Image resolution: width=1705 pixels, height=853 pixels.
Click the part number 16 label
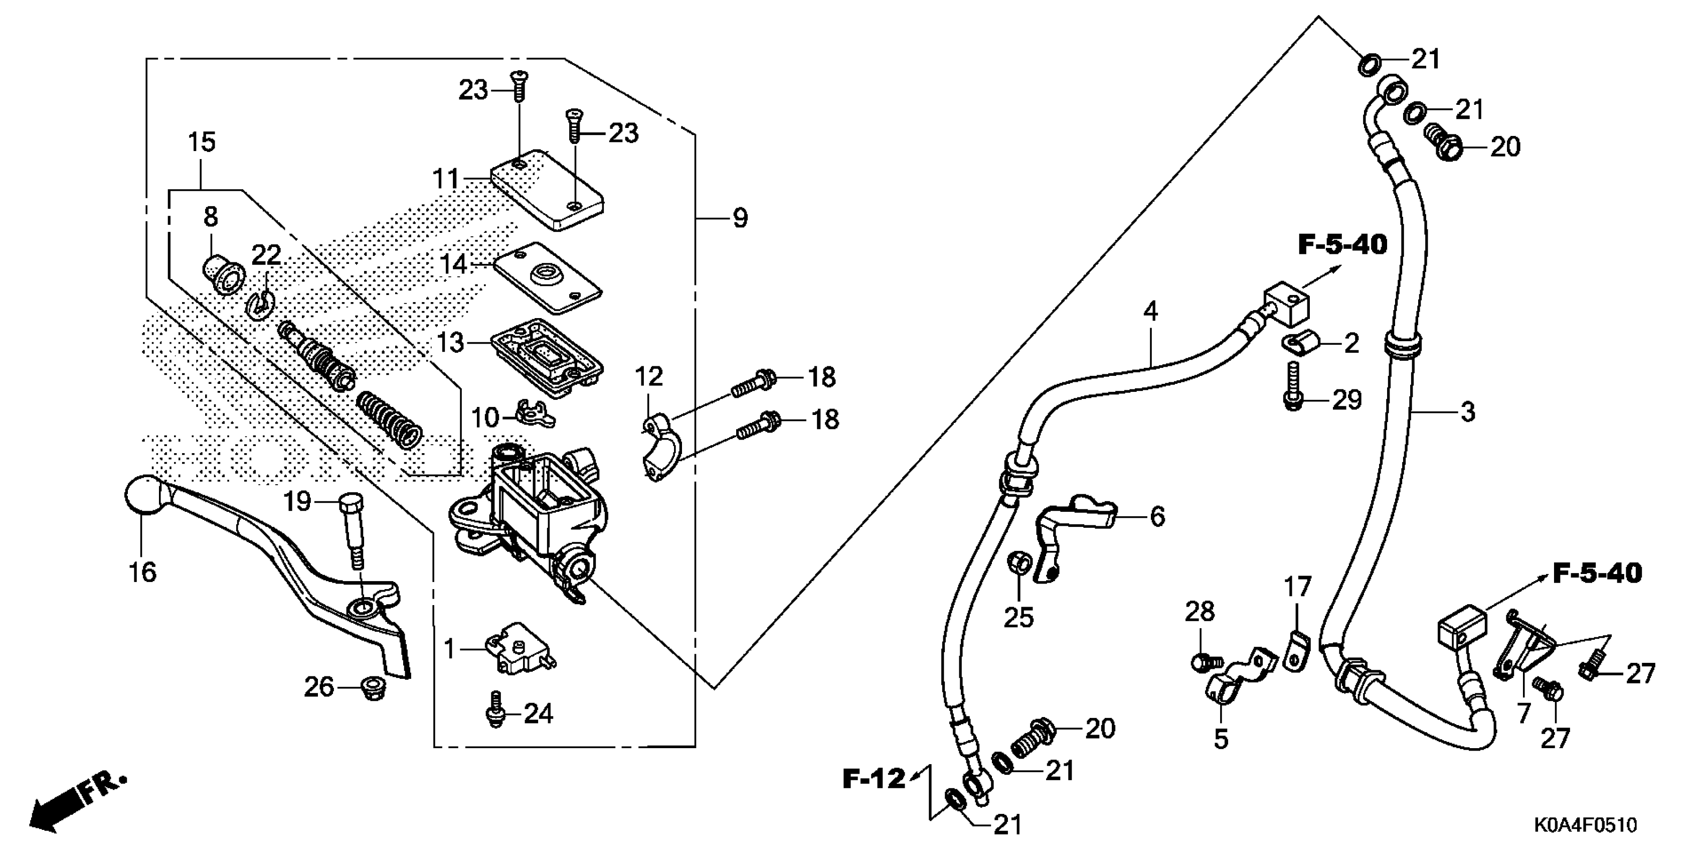pos(143,572)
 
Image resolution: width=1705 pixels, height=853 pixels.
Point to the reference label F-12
pos(873,779)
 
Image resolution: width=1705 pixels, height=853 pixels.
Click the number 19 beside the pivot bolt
pos(297,501)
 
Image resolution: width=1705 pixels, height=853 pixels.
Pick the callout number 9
pos(740,218)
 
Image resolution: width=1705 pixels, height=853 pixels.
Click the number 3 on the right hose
pos(1467,412)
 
